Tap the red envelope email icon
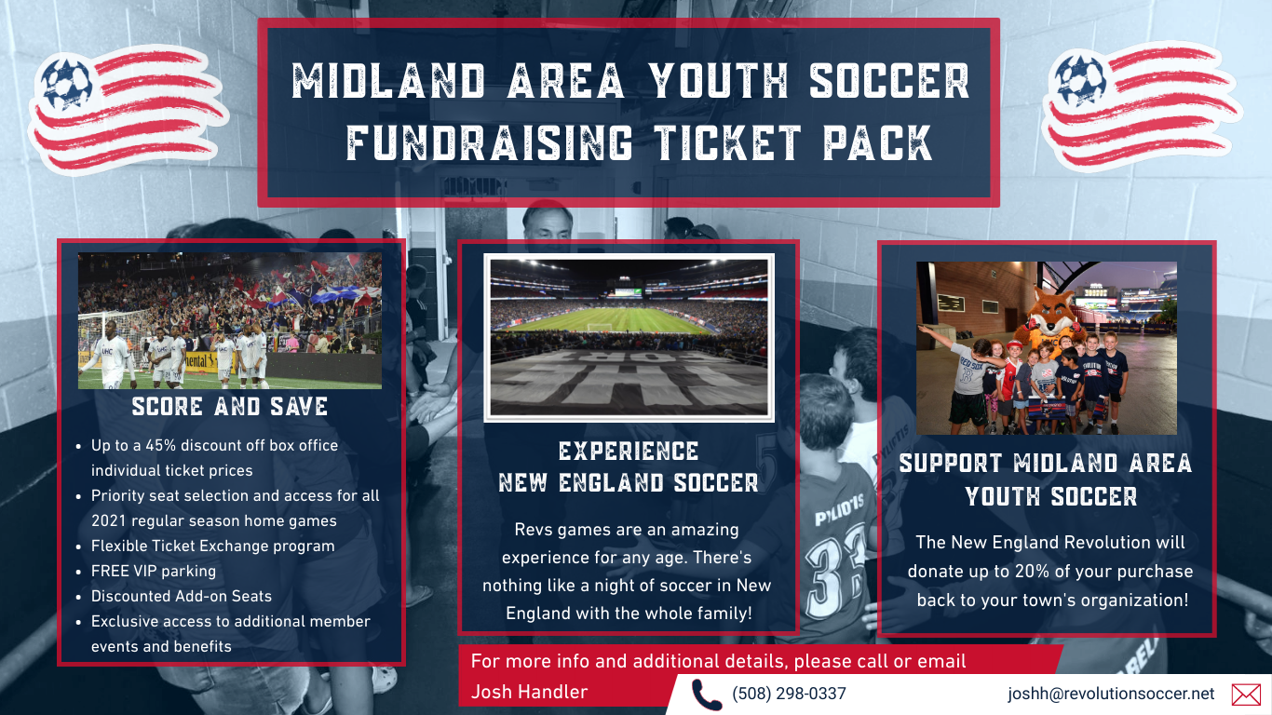tap(1246, 695)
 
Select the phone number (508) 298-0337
tap(789, 694)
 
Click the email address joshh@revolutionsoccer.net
tap(1111, 694)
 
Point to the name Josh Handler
tap(529, 692)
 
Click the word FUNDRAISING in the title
tap(490, 142)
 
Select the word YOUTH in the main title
tap(719, 81)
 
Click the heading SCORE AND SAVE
tap(230, 407)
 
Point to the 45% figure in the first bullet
tap(161, 445)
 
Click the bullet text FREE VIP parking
tap(154, 571)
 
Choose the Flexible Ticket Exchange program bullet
tap(213, 546)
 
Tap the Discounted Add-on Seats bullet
tap(182, 596)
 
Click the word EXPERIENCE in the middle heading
tap(629, 452)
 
